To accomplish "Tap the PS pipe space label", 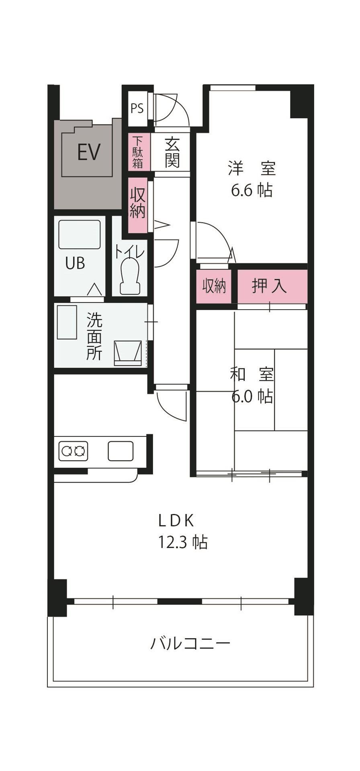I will coord(137,108).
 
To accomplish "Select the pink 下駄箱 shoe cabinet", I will coord(138,152).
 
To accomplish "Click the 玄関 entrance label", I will coord(172,153).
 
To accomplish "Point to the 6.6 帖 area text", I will coord(252,190).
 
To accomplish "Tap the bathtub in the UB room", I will coord(80,234).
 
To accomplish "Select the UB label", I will coord(75,263).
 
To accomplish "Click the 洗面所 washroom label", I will coord(95,337).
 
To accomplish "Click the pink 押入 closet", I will coord(272,286).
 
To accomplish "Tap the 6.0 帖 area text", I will coord(252,397).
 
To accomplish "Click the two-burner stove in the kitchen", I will coord(74,451).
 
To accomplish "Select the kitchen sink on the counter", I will coord(121,451).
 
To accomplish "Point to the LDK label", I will coord(177,520).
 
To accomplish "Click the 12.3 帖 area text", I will coord(183,542).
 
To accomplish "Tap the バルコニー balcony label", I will coord(190,643).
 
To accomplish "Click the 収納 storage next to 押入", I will coord(214,286).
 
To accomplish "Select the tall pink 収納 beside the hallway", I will coord(138,204).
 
